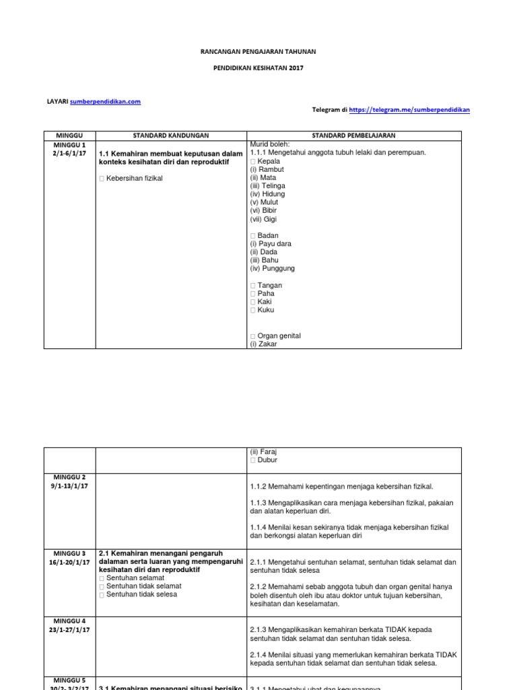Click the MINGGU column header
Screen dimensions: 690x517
pos(69,135)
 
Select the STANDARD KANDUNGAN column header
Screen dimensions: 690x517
pos(171,135)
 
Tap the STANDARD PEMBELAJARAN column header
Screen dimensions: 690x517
pos(353,135)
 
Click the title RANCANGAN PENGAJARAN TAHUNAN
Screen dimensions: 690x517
pos(258,51)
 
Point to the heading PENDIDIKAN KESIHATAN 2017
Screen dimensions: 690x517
pos(258,68)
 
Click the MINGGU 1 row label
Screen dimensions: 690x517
pos(69,145)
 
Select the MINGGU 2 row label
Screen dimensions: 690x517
pos(69,477)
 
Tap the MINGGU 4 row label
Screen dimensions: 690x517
pos(69,621)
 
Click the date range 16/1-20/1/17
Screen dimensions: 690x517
pos(69,562)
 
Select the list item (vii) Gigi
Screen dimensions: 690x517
pos(263,219)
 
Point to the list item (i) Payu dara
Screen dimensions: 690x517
pos(271,243)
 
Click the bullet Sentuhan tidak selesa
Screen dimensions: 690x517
pos(142,594)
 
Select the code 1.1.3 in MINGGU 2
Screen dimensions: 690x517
pos(259,503)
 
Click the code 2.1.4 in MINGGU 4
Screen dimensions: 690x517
pos(259,654)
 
